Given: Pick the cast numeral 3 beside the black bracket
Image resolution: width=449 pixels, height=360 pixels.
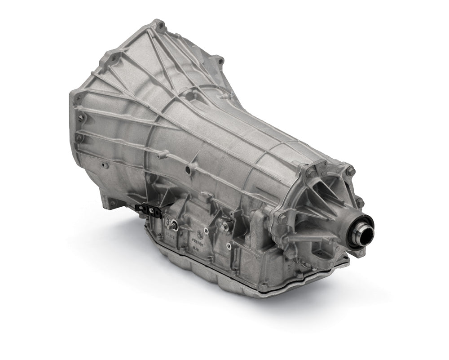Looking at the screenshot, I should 167,222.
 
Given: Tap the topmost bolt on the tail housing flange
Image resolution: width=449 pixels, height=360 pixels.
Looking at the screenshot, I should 351,171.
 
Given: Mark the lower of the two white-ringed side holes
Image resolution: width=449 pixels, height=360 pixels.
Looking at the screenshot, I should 229,245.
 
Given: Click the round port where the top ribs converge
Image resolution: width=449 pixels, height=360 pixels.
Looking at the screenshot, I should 190,95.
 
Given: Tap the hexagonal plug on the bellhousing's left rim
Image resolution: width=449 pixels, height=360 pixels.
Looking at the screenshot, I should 81,118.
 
